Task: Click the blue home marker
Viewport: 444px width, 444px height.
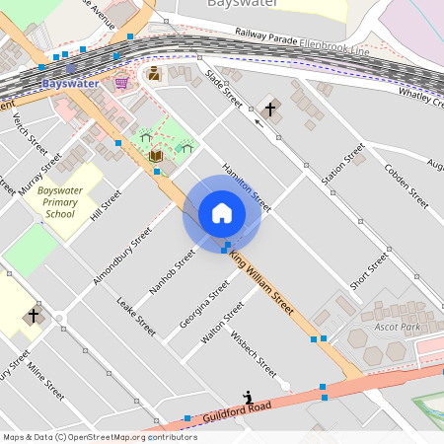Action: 221,213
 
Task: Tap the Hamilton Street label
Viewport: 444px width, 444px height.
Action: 246,186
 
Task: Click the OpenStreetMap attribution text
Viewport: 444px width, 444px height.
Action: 99,436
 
